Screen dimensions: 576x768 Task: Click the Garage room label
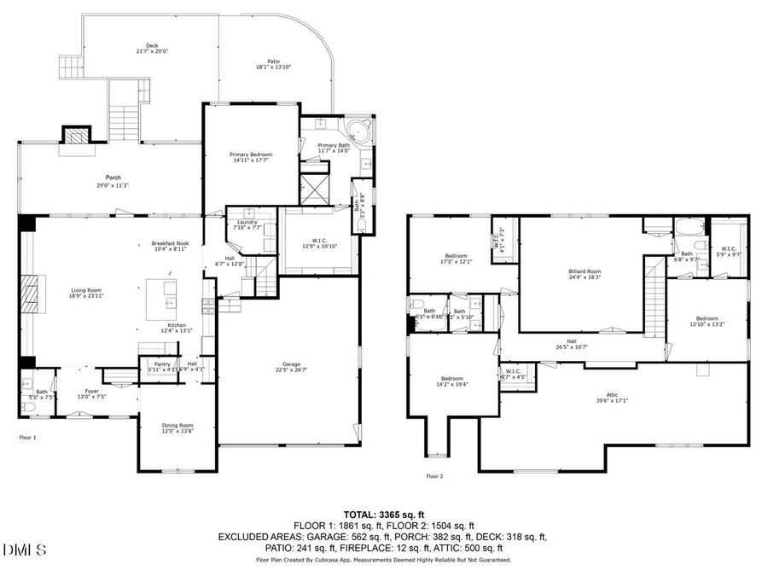point(287,364)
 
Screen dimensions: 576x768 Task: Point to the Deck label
point(152,44)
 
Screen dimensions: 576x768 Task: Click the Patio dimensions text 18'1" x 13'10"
point(274,67)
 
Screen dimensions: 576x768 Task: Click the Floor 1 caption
point(28,436)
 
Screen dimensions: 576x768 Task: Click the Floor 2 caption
point(434,476)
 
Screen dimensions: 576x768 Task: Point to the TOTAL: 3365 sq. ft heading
point(383,515)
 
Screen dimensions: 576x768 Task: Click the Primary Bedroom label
point(250,154)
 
